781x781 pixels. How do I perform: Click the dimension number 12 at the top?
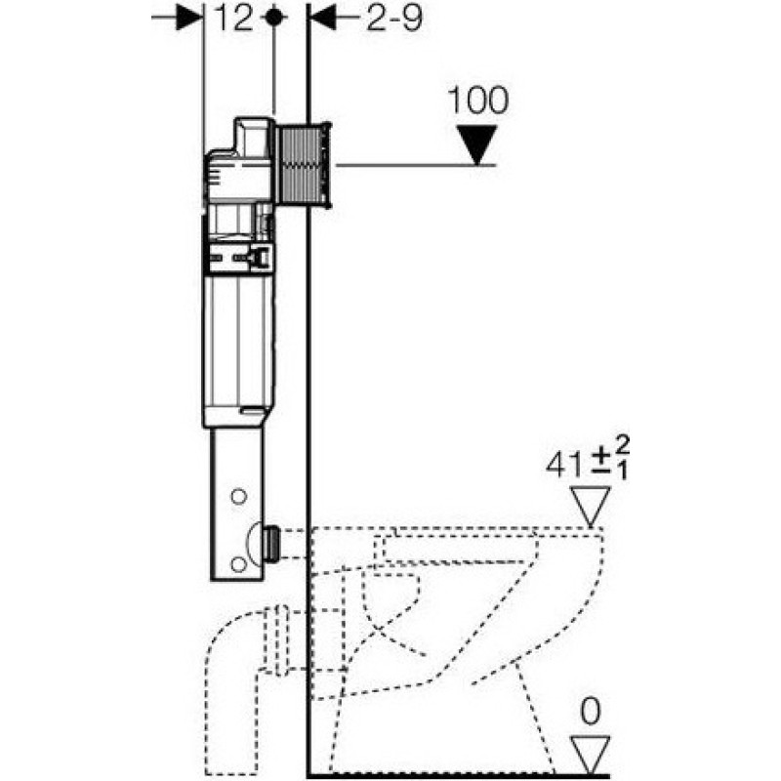[233, 19]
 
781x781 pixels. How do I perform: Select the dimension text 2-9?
[394, 19]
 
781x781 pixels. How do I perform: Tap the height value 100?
[478, 101]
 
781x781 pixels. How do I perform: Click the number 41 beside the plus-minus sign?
[565, 466]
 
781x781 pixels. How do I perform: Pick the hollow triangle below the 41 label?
[591, 506]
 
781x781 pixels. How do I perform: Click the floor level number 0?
[591, 712]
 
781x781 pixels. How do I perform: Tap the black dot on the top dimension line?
[273, 18]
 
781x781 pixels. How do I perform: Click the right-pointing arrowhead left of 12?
[189, 19]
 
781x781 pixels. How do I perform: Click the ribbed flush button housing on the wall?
[304, 164]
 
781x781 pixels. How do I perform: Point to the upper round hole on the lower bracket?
[238, 497]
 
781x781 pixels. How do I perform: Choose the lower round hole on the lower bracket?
[238, 564]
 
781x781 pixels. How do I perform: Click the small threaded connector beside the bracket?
[271, 544]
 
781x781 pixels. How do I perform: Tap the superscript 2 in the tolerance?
[623, 445]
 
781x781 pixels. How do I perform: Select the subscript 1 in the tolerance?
[623, 471]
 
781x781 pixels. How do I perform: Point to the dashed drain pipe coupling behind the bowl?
[281, 640]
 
